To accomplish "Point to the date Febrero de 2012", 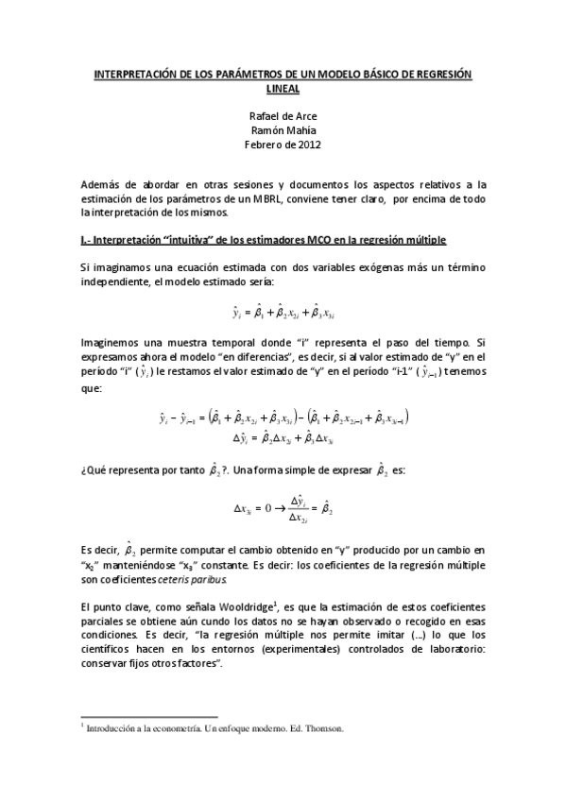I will click(x=283, y=145).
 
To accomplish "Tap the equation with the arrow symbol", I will click(x=283, y=508).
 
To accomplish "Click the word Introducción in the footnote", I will click(x=112, y=729).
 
